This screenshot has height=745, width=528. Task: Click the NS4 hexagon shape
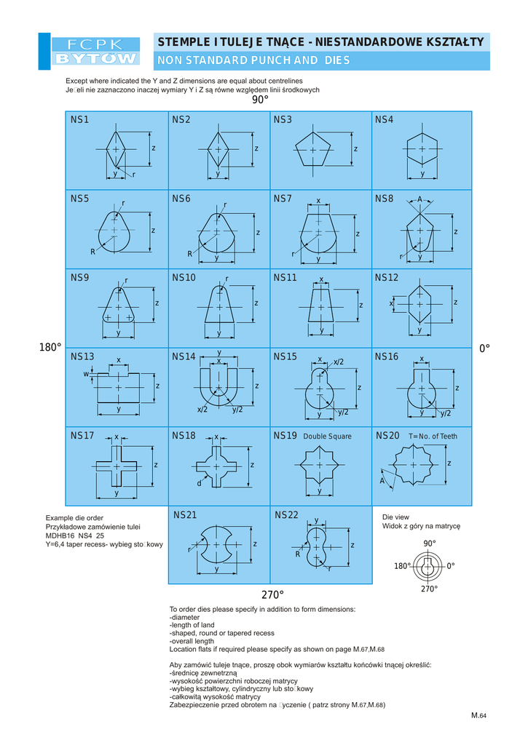tap(422, 148)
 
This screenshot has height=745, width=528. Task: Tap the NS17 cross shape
tap(117, 466)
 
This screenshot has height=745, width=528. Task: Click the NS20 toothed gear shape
tap(413, 465)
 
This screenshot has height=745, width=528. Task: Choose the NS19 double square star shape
tap(319, 465)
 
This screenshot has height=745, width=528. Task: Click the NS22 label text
tap(286, 514)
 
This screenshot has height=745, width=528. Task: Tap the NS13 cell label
tap(82, 356)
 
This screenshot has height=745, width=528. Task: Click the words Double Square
tap(327, 437)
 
